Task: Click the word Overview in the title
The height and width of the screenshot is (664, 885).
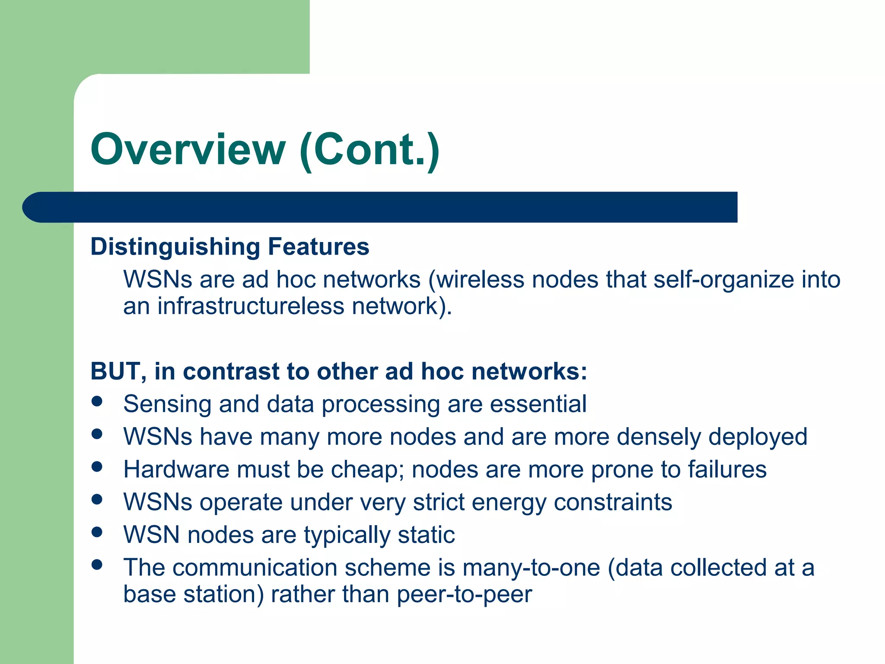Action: tap(188, 150)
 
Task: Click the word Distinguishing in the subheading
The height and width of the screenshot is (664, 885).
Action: tap(175, 247)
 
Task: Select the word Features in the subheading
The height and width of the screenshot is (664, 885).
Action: tap(318, 246)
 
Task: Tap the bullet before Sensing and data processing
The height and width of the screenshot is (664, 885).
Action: tap(97, 401)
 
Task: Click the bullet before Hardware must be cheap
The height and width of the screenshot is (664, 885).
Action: tap(97, 466)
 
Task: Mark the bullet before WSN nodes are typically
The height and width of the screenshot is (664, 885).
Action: tap(97, 532)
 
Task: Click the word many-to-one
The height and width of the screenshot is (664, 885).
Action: tap(531, 568)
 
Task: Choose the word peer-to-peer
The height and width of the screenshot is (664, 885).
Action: tap(464, 594)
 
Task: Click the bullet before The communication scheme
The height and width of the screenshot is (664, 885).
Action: tap(97, 565)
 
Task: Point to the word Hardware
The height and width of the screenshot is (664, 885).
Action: tap(176, 469)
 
